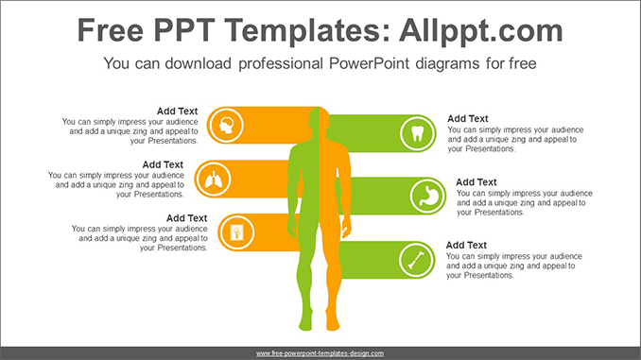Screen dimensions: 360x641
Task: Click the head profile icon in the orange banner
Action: click(x=227, y=123)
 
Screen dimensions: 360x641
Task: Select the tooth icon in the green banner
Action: click(x=416, y=131)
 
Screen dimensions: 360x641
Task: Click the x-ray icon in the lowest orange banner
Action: click(x=234, y=230)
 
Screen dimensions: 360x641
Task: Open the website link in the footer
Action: click(x=320, y=353)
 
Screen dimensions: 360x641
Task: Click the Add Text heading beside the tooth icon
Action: click(x=468, y=118)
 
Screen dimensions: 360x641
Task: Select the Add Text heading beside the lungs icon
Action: click(x=163, y=164)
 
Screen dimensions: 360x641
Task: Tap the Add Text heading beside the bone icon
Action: click(x=467, y=245)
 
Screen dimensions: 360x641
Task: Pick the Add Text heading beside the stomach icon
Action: click(x=476, y=182)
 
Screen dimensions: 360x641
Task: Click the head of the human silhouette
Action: click(x=319, y=123)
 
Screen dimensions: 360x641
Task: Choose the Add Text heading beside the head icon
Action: click(x=177, y=111)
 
